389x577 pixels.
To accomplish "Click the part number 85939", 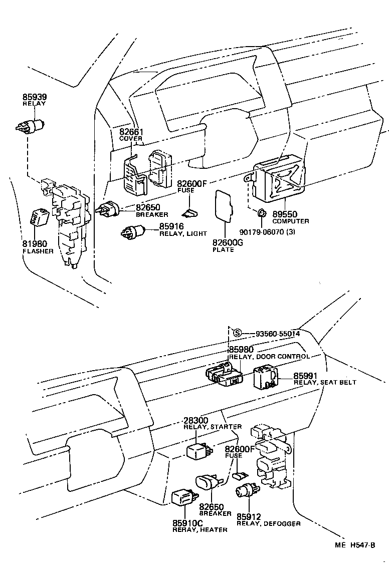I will click(x=34, y=97).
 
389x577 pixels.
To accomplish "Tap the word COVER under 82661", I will click(x=131, y=139).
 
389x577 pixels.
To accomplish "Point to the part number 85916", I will click(x=171, y=227).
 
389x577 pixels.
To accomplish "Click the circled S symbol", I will click(x=238, y=333).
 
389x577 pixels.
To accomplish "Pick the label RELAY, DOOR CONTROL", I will click(x=269, y=357).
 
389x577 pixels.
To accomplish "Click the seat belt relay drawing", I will click(x=265, y=378).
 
